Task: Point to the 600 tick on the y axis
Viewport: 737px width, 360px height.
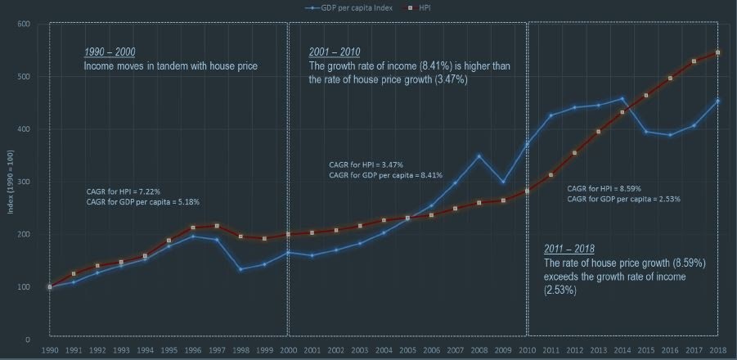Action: pyautogui.click(x=24, y=25)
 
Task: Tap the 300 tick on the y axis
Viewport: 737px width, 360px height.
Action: pyautogui.click(x=24, y=182)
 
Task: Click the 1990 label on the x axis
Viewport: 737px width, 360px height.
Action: pyautogui.click(x=49, y=350)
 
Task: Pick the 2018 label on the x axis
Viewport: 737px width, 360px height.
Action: pyautogui.click(x=717, y=350)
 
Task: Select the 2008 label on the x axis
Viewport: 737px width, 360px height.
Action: pyautogui.click(x=479, y=350)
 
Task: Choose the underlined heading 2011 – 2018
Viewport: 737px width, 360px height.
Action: pyautogui.click(x=569, y=249)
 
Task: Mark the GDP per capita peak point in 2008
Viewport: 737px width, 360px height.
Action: pyautogui.click(x=479, y=155)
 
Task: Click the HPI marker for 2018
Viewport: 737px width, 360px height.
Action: pyautogui.click(x=717, y=52)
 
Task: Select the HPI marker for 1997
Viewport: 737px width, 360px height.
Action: pyautogui.click(x=217, y=226)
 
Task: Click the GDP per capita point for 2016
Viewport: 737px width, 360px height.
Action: pyautogui.click(x=670, y=135)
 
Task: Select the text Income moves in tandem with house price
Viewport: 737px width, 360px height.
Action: pyautogui.click(x=170, y=65)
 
